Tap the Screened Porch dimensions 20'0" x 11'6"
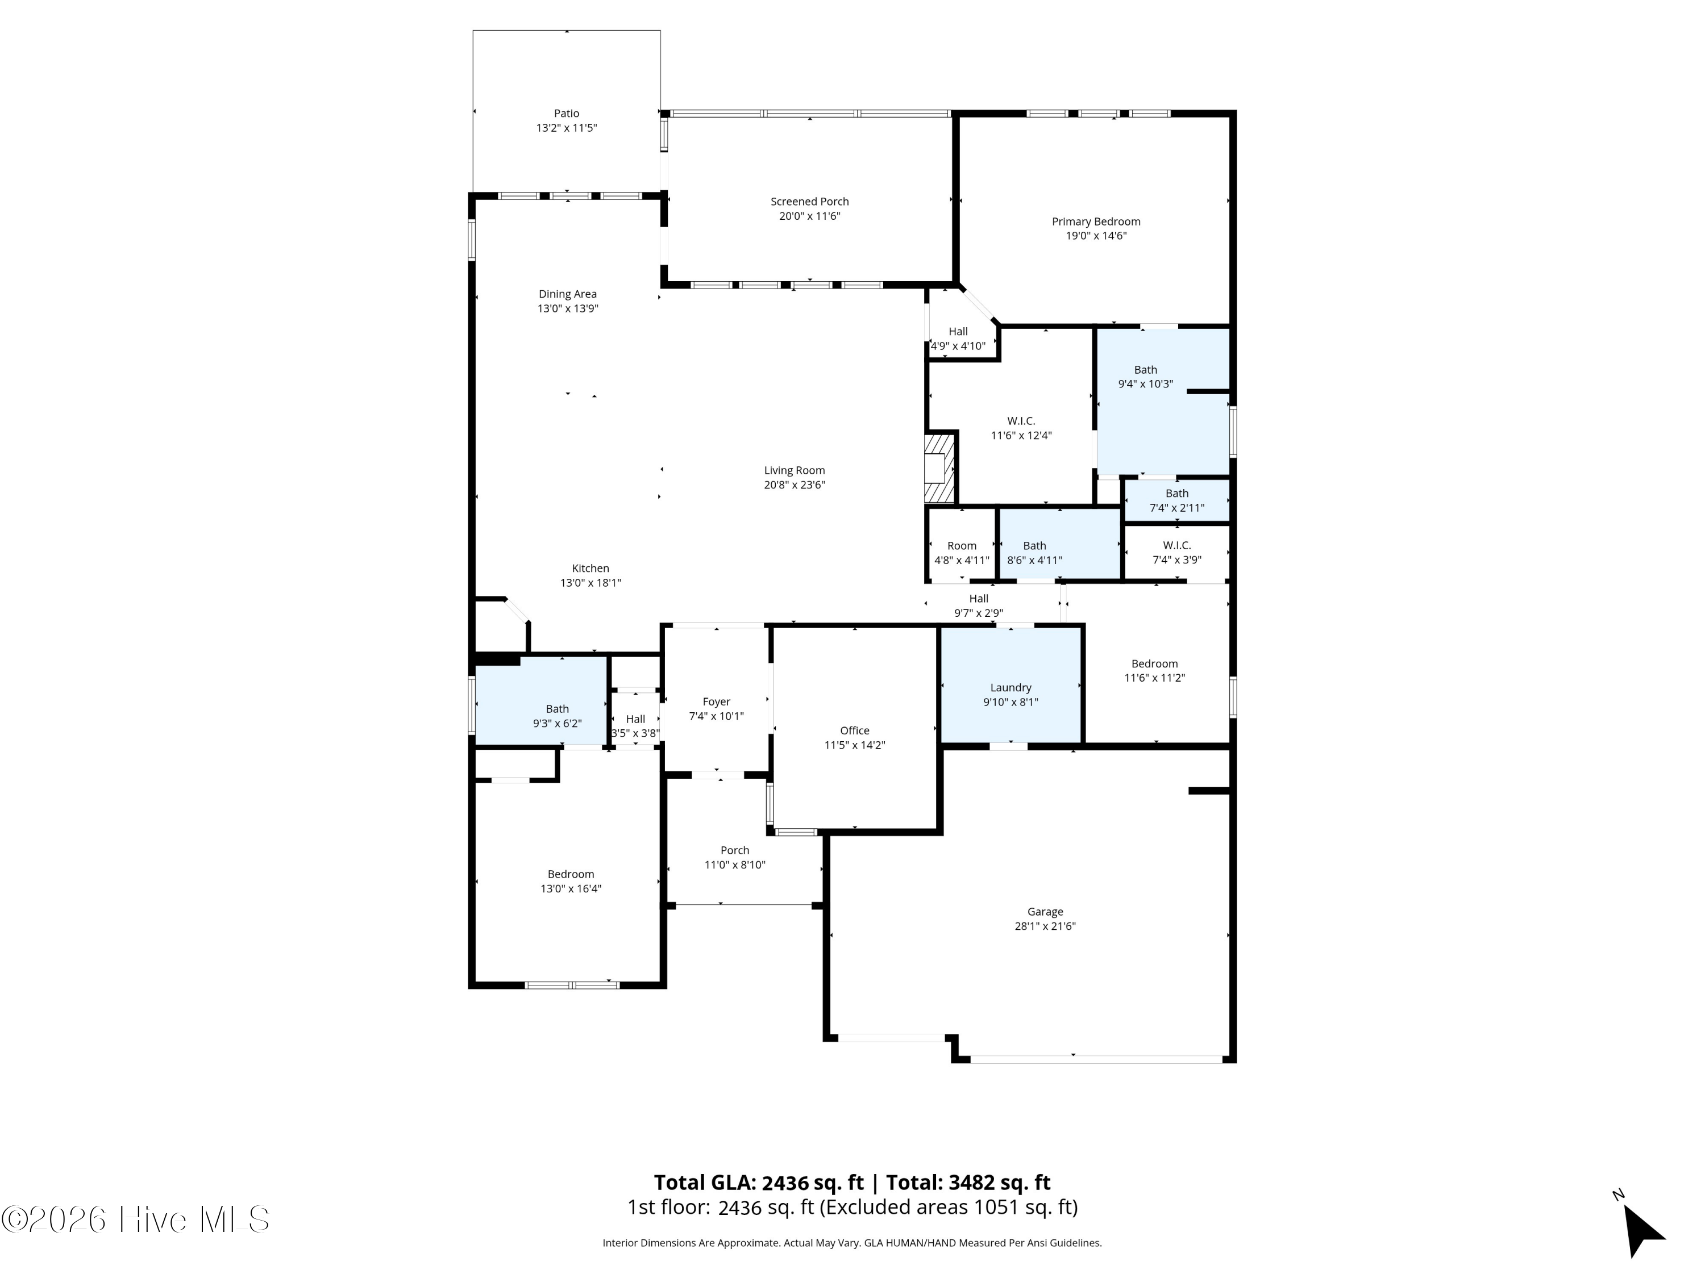click(x=809, y=216)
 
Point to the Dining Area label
click(x=567, y=294)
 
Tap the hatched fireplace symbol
click(x=939, y=469)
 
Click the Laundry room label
click(x=1010, y=688)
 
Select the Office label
click(x=855, y=731)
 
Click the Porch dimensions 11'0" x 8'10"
click(x=734, y=865)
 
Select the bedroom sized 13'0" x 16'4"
click(x=571, y=882)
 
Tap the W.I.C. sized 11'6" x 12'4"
click(x=1021, y=428)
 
